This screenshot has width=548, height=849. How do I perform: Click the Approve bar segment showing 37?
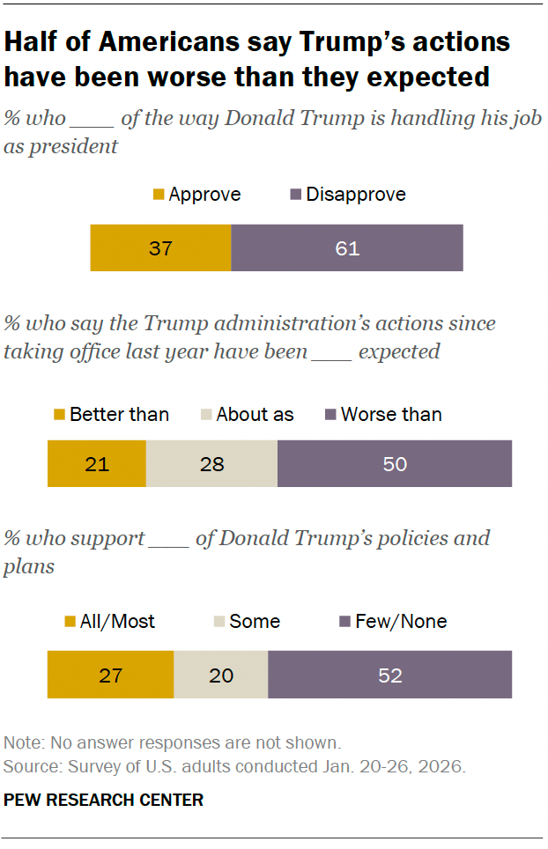coord(160,247)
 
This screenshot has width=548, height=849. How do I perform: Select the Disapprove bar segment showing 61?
coord(346,247)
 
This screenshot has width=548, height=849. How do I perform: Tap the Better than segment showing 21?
coord(96,464)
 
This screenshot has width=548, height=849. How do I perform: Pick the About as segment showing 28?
coord(211,464)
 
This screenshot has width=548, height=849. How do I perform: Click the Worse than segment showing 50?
coord(394,464)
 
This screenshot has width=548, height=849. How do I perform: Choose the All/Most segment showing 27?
coord(110,676)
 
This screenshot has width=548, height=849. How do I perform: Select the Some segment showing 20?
coord(220,676)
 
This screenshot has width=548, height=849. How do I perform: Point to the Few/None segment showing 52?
coord(389,676)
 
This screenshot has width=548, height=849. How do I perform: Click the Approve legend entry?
coord(196,195)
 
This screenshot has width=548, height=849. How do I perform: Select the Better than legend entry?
coord(111,414)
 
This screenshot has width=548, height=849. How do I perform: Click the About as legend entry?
coord(246,414)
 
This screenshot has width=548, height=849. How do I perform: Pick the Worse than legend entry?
coord(383,414)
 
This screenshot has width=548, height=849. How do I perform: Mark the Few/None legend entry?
coord(392,622)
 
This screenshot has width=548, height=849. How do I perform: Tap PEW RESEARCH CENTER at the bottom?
coord(104,800)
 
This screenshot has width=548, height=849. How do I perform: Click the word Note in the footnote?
coord(21,742)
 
